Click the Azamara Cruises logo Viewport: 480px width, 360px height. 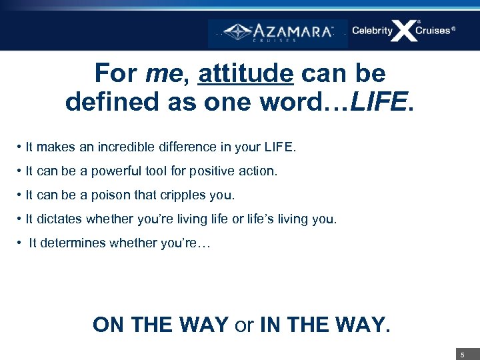coord(278,31)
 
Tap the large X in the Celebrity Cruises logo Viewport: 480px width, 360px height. coord(403,31)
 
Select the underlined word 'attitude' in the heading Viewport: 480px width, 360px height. coord(245,73)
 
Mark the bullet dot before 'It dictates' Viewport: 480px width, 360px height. coord(21,219)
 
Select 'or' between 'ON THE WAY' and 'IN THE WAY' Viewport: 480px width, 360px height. coord(244,325)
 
